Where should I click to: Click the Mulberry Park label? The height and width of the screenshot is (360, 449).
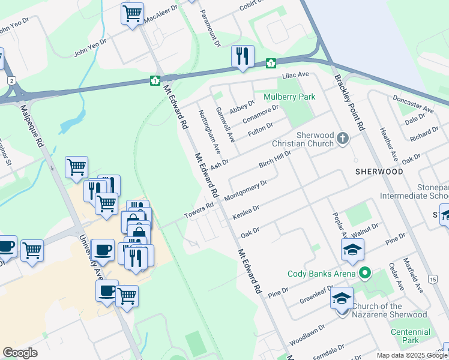click(289, 97)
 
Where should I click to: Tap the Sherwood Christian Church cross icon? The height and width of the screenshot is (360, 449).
click(343, 139)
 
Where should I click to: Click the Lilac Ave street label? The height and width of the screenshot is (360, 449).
click(295, 75)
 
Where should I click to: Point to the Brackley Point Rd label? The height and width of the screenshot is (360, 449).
click(350, 103)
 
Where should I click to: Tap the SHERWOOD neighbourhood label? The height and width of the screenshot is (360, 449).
click(379, 171)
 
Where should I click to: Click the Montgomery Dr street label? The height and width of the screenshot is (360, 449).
click(245, 190)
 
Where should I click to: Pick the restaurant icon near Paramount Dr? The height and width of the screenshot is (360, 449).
click(243, 56)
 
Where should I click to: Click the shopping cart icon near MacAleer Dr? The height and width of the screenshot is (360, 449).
click(132, 13)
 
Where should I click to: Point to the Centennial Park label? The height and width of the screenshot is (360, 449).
click(410, 336)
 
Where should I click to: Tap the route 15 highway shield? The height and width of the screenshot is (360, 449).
click(432, 279)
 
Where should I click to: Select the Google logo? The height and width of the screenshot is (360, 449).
click(20, 353)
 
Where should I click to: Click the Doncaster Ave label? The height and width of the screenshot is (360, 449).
click(412, 104)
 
